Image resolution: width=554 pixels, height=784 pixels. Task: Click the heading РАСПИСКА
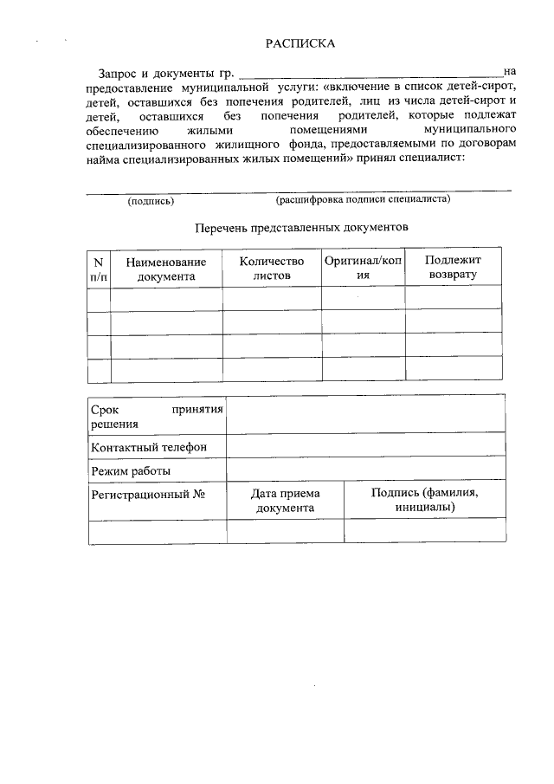300,43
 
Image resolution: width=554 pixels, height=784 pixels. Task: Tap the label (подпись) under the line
151,201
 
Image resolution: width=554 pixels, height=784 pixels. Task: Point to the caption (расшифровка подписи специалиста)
363,199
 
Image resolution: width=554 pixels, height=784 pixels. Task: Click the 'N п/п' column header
99,269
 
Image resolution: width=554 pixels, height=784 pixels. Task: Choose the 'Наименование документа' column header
165,269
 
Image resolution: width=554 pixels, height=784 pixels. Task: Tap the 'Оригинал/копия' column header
363,267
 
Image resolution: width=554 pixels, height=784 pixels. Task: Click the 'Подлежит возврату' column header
453,267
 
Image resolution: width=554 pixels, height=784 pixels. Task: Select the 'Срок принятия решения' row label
156,415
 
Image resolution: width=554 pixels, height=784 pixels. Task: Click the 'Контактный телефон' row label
148,447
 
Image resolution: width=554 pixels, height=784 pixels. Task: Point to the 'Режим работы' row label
130,471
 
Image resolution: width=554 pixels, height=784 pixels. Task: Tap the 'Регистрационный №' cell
148,494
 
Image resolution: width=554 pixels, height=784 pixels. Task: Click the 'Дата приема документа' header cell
285,501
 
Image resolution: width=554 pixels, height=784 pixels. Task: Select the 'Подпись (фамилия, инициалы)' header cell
424,499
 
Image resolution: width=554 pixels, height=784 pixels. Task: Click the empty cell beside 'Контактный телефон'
365,446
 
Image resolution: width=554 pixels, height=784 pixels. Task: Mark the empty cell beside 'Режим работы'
365,470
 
